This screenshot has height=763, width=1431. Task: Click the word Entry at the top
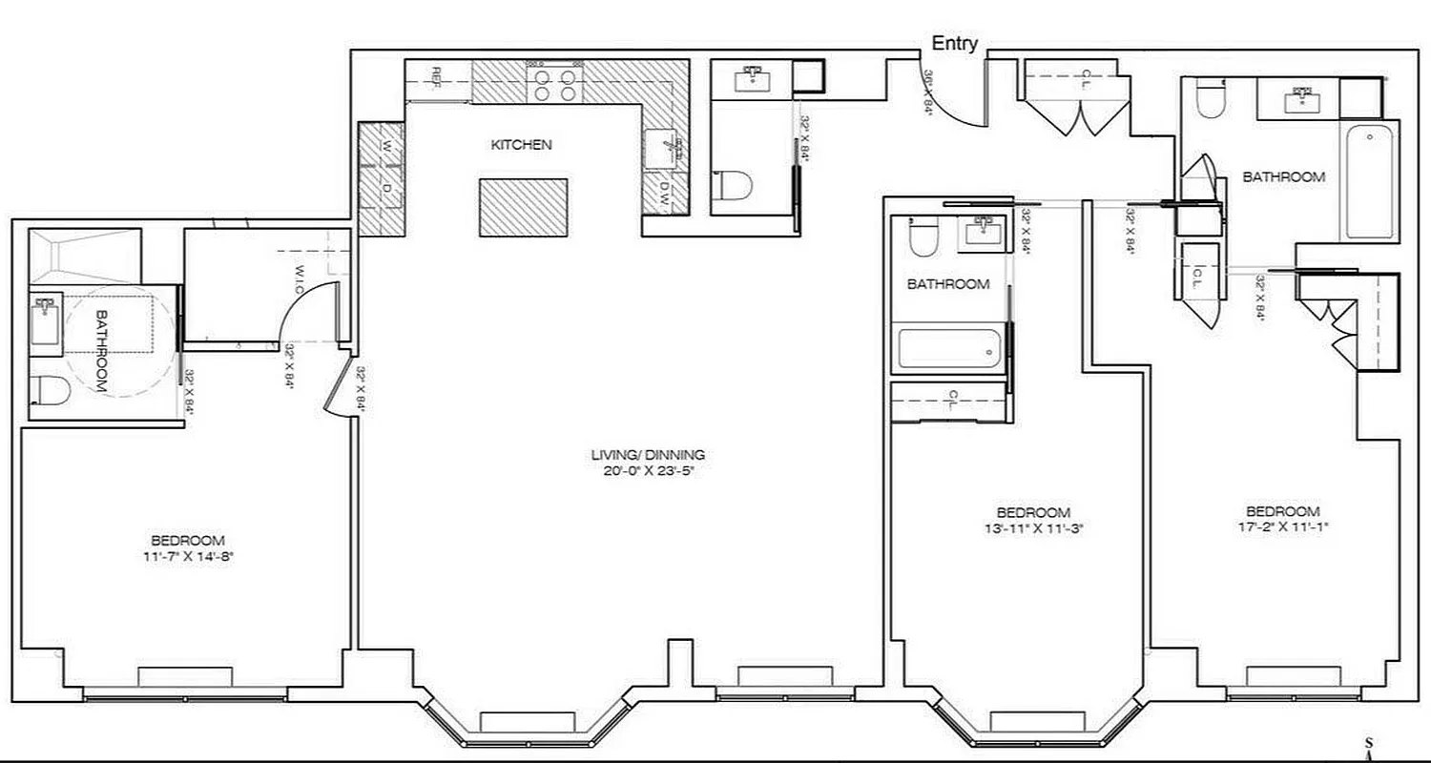954,44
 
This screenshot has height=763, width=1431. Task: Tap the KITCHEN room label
521,145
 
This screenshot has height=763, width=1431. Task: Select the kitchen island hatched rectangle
523,207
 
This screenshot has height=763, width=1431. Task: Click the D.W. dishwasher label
665,196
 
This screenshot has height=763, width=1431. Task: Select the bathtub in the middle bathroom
950,350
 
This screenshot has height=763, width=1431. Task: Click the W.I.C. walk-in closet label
300,278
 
